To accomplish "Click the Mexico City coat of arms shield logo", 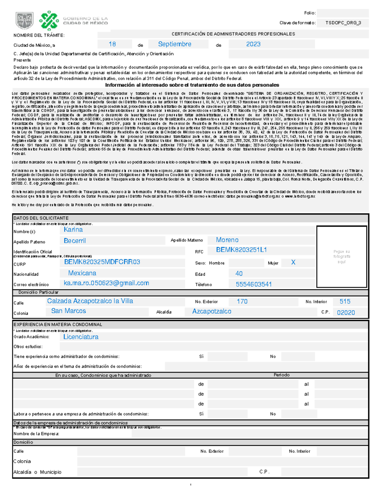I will click(25, 21).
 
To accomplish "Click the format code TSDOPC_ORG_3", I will click(343, 23).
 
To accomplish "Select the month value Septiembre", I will click(175, 44).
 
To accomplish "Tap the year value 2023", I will click(253, 44).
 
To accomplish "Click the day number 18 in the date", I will click(112, 44).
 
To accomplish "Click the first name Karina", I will click(73, 230).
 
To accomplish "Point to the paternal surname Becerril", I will click(75, 241).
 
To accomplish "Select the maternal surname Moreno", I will click(227, 240).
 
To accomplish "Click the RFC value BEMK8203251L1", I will click(241, 250).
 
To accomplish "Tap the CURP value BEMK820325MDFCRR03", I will click(102, 262).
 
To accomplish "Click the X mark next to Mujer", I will click(293, 262).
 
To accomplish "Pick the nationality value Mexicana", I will click(82, 273).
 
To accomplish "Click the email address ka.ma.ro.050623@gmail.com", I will click(106, 283).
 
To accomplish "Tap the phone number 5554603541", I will click(254, 284).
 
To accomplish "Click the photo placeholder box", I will click(342, 257).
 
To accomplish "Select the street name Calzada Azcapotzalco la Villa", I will click(90, 301).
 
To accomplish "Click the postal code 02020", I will click(346, 313).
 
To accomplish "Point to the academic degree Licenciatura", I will click(81, 337).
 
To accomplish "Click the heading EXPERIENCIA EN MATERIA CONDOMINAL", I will click(58, 325).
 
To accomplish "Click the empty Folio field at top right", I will click(343, 13).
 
